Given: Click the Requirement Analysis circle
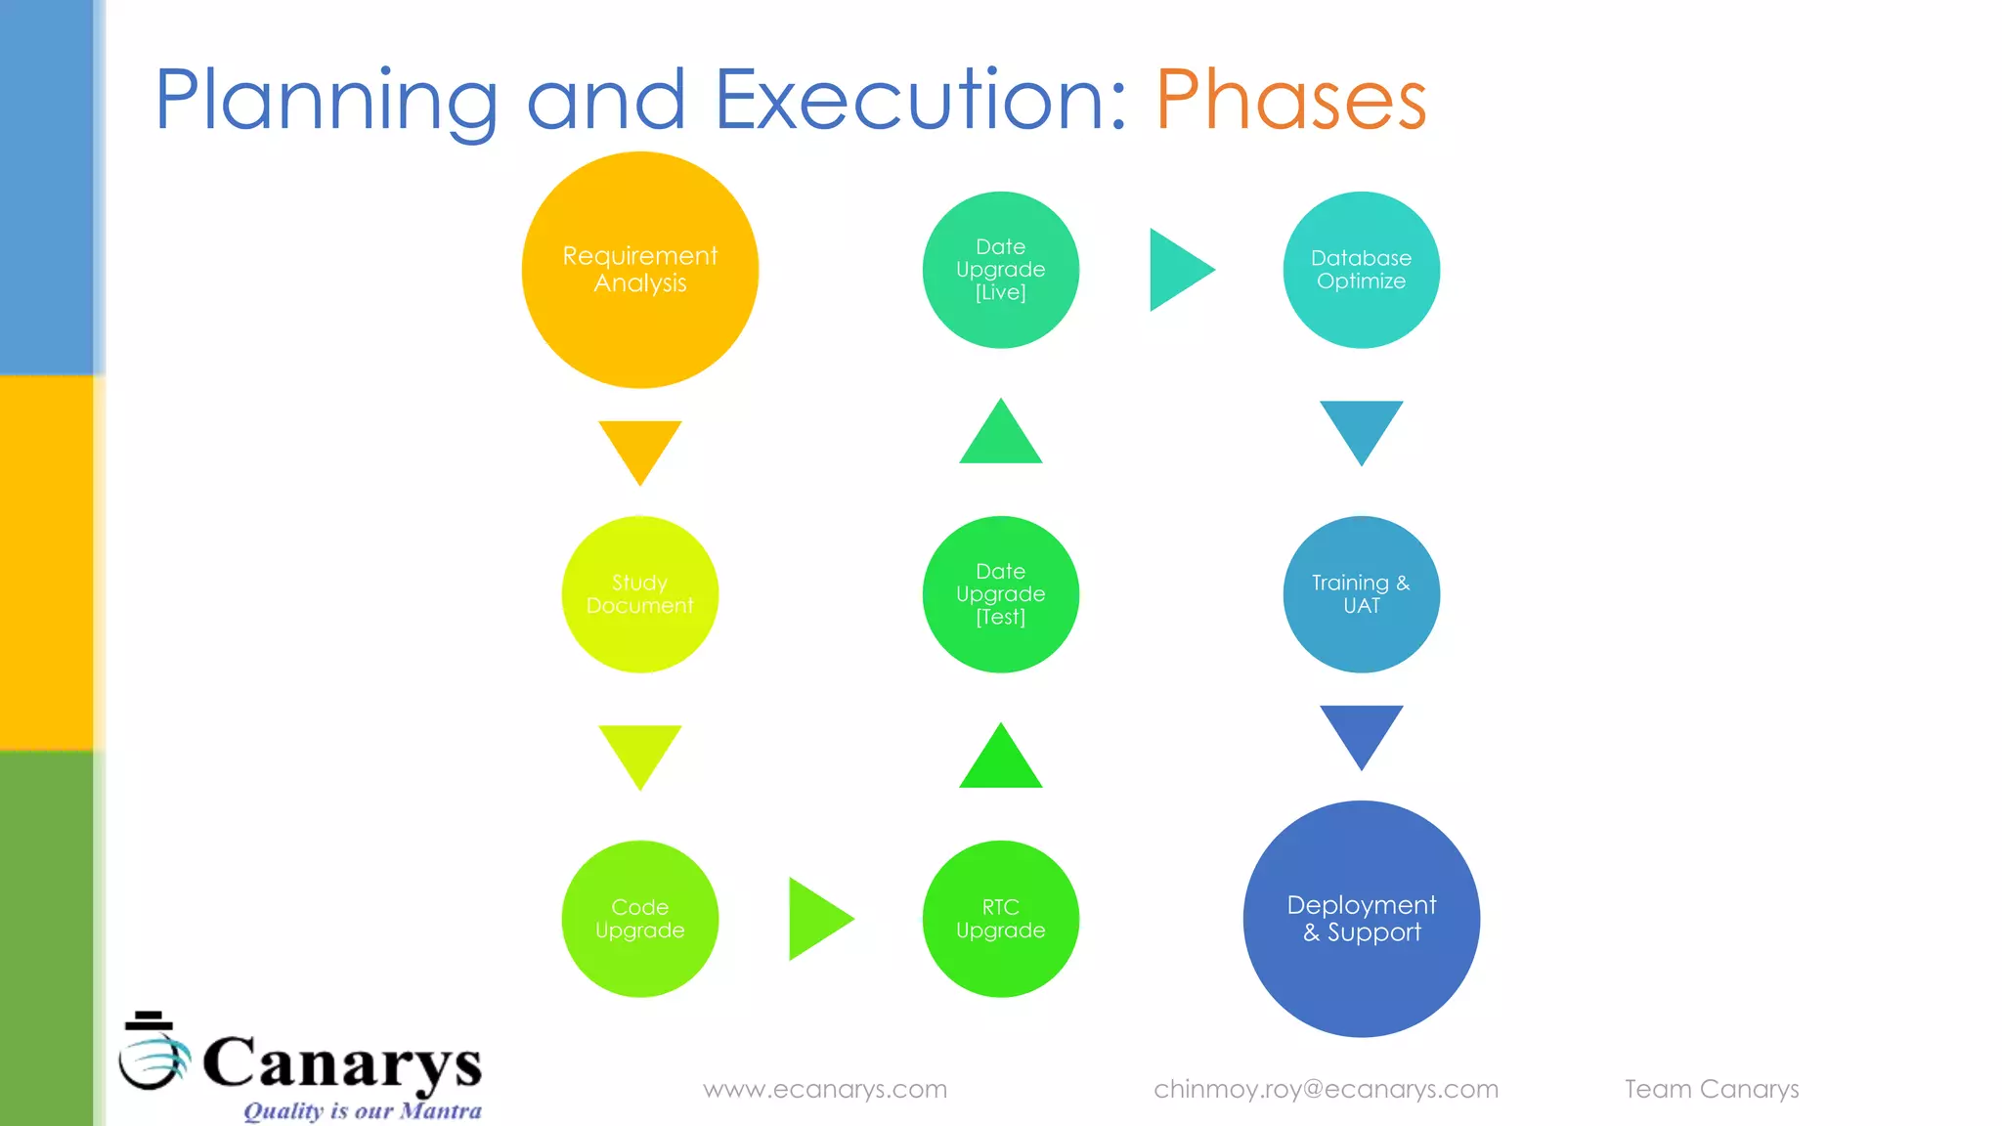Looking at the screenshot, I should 640,270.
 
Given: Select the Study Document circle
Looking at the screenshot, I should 640,594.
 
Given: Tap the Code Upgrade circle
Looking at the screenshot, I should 640,919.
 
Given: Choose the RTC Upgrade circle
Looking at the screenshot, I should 1001,919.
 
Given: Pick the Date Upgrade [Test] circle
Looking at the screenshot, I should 1001,594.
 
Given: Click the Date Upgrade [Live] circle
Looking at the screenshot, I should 1001,270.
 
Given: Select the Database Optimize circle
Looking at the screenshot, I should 1361,270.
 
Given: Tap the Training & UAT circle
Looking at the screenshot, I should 1361,594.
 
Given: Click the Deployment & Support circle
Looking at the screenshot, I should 1361,919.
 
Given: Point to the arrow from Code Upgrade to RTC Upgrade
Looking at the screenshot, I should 816,919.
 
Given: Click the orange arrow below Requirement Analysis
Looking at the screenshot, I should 640,448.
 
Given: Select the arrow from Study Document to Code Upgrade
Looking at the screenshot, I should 640,753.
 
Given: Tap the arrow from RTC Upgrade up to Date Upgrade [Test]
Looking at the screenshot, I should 1001,760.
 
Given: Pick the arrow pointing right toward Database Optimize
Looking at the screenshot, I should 1177,270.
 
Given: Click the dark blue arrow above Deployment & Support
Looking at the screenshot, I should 1361,732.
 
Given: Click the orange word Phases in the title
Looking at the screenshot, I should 1290,100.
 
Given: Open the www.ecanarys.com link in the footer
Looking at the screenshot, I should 825,1089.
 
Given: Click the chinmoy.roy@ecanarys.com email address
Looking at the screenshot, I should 1326,1089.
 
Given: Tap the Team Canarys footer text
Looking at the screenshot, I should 1712,1089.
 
